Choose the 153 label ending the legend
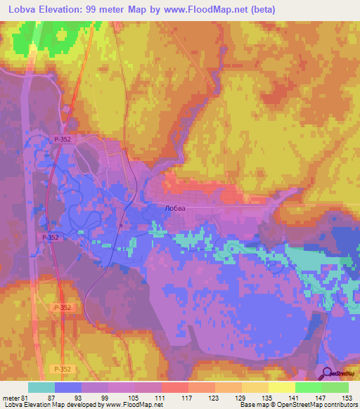[347, 397]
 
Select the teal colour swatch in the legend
[41, 387]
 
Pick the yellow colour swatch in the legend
[282, 387]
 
